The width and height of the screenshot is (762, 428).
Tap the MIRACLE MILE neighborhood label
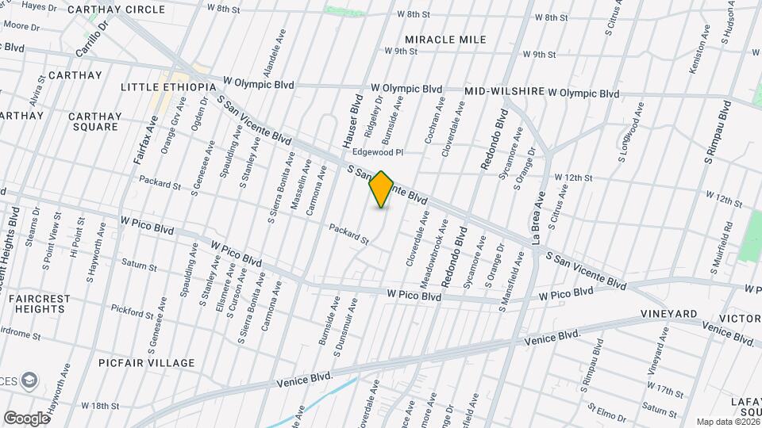(444, 40)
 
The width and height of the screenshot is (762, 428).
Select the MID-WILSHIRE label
(505, 92)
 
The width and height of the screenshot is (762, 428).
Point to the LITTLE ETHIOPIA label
(168, 86)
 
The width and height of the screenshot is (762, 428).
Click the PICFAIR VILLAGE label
(147, 363)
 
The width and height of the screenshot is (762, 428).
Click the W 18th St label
(101, 405)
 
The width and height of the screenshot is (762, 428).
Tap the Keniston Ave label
(696, 49)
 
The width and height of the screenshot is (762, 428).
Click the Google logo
(25, 418)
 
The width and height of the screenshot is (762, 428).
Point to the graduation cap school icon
(30, 381)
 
